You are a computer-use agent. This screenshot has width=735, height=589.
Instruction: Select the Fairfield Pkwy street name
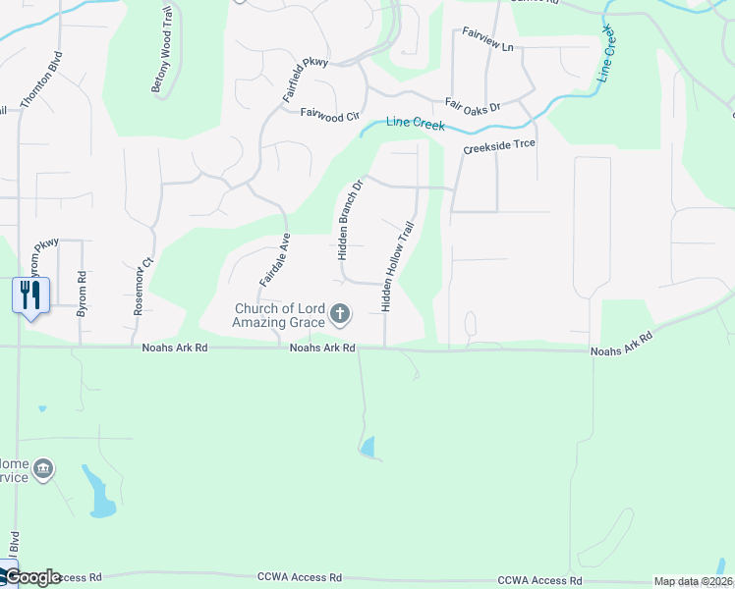point(291,79)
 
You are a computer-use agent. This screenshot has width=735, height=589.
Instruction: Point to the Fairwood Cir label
point(330,115)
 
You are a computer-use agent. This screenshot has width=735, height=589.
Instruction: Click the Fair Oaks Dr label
point(473,103)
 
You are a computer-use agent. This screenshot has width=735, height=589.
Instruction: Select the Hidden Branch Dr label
point(350,219)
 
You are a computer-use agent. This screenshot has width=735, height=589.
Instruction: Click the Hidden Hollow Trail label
point(398,267)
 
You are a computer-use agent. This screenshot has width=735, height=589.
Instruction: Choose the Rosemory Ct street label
point(144,285)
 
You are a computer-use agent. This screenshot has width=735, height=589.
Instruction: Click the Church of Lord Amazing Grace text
point(279,315)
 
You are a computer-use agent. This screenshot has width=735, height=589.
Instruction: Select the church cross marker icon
point(340,314)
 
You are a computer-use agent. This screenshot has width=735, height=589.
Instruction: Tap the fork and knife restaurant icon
point(30,294)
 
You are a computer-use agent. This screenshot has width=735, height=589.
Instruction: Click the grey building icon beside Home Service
point(42,469)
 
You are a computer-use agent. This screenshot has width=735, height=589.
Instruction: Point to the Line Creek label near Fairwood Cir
point(416,125)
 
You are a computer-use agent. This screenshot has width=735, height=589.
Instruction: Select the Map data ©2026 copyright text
point(692,581)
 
